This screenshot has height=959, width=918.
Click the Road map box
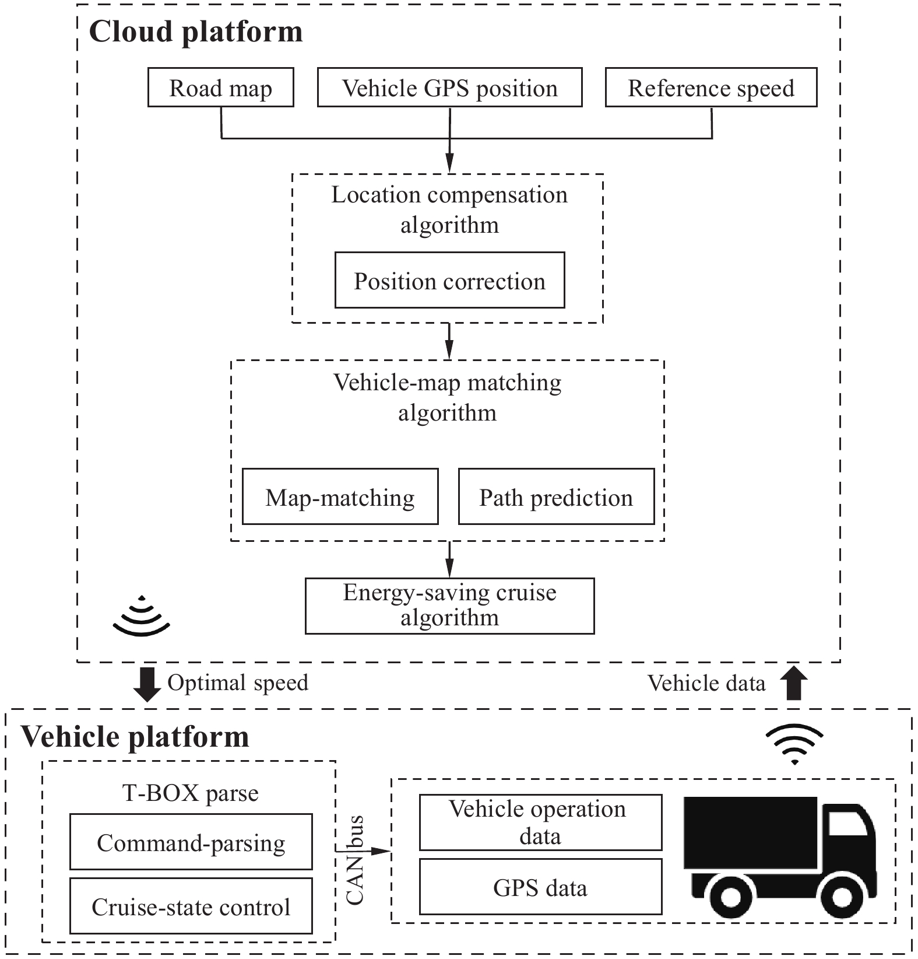pos(220,87)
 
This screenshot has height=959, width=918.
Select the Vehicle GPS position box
pos(449,87)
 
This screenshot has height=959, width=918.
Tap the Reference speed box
pos(711,87)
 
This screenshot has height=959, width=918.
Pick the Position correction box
pos(449,280)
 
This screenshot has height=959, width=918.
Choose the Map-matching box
pos(340,496)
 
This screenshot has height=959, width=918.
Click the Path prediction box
pos(556,496)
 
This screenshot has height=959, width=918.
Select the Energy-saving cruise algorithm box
pos(449,605)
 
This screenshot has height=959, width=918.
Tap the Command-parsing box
pos(191,842)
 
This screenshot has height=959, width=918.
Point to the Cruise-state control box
pos(191,906)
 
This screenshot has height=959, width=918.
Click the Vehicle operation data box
pos(540,822)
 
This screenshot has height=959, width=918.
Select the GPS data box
pos(540,887)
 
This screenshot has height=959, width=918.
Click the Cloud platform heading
pos(196,32)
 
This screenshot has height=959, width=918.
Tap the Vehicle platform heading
pos(135,736)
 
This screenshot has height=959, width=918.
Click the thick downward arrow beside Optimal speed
pos(147,684)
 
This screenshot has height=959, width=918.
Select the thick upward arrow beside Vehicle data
pos(794,683)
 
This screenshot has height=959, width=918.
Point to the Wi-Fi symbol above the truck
pos(794,744)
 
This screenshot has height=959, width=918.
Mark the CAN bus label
pos(356,861)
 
